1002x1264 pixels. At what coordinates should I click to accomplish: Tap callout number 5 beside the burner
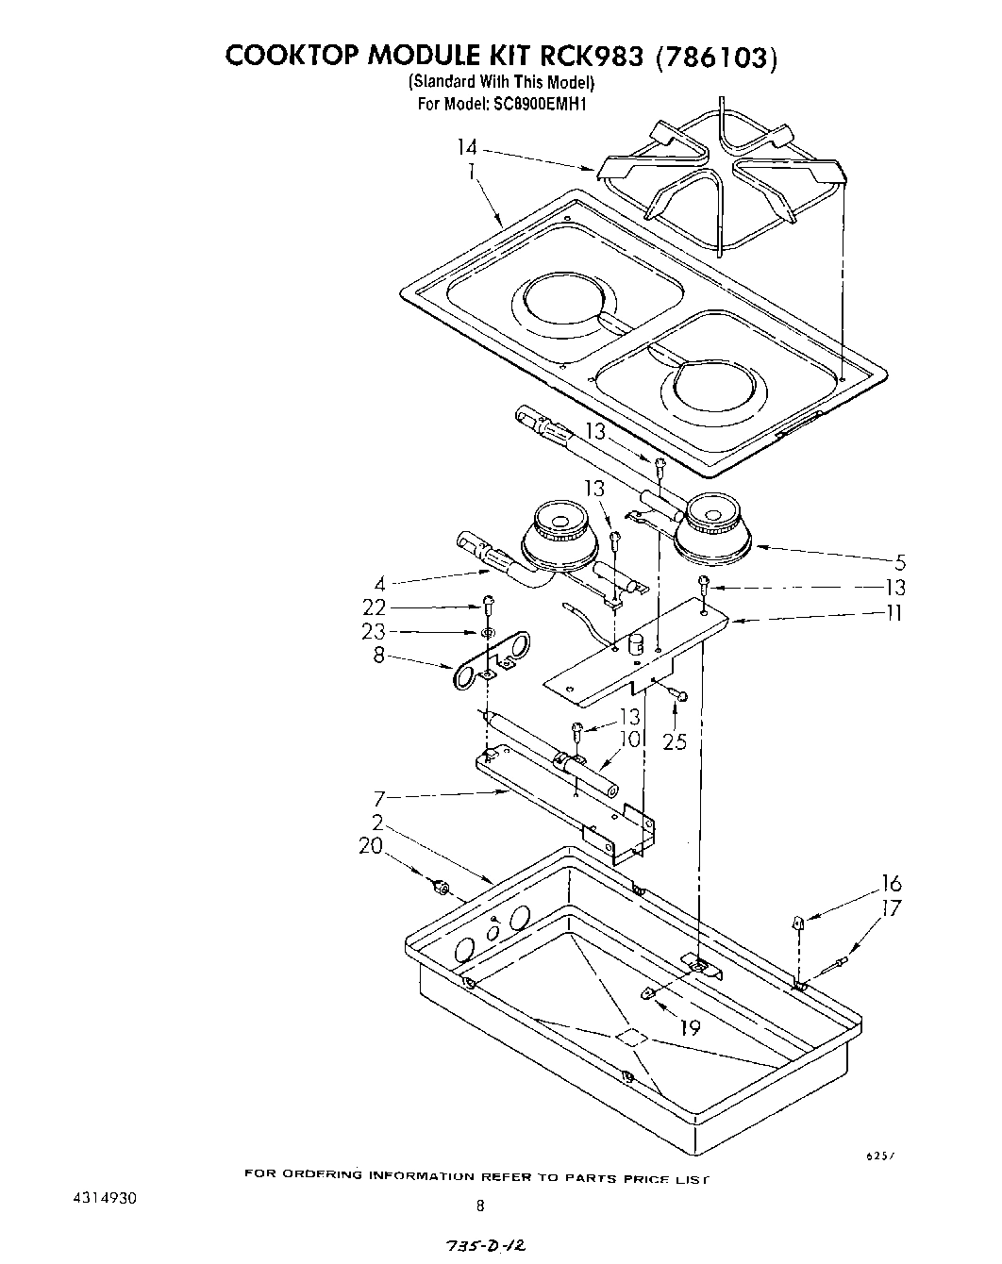point(900,563)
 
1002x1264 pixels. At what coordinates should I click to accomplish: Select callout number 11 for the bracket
point(893,613)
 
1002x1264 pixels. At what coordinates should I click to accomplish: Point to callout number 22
point(375,607)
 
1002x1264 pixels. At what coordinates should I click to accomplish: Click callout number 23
point(375,632)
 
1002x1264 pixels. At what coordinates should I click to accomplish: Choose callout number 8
point(378,655)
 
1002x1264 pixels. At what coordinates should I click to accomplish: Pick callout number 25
point(675,741)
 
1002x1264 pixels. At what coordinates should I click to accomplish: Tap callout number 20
point(371,846)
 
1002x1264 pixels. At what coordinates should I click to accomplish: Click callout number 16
point(892,884)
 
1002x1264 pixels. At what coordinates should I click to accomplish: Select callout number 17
point(892,908)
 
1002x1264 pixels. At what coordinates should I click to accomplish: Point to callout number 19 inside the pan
point(691,1027)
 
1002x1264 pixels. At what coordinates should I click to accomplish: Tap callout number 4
point(379,584)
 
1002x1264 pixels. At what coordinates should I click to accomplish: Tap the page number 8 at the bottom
point(481,1205)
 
